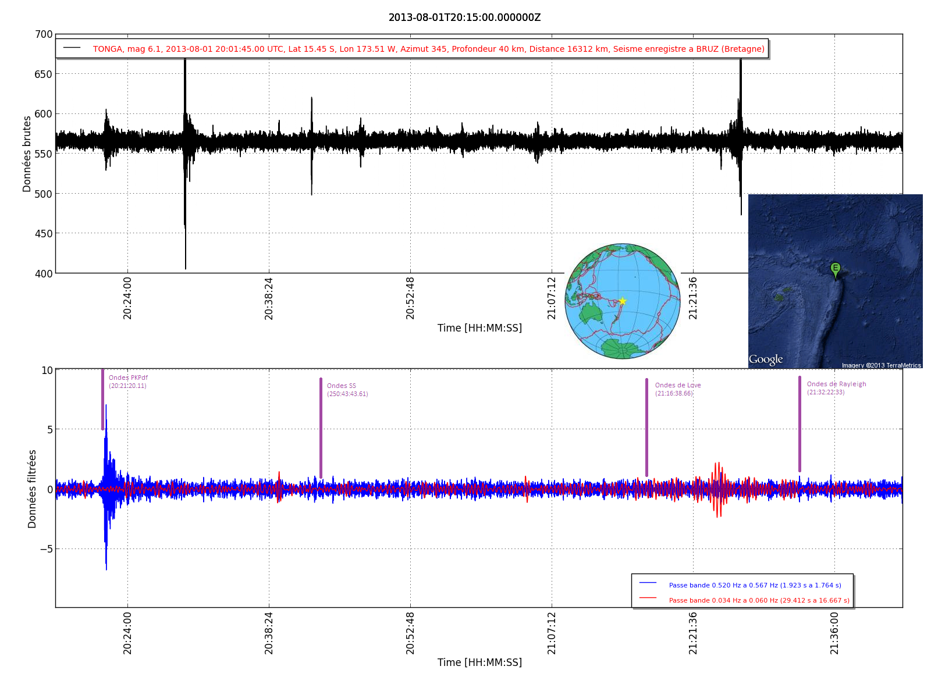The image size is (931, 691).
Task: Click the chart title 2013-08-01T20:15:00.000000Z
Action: [464, 17]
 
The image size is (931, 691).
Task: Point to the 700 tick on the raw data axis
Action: [44, 34]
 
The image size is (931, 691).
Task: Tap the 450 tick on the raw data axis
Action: [44, 234]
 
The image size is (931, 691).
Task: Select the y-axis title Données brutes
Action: [27, 154]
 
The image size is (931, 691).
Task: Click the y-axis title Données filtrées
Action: [32, 489]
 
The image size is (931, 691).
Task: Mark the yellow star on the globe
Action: [622, 301]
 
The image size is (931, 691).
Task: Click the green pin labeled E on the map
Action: [835, 269]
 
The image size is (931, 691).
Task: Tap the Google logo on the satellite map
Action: [766, 359]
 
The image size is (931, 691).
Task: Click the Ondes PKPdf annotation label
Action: [128, 377]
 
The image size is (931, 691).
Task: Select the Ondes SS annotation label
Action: [342, 386]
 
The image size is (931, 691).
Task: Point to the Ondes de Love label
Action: [678, 385]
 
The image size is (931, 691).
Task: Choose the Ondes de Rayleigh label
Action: [836, 384]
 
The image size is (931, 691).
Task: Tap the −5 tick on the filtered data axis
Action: [46, 549]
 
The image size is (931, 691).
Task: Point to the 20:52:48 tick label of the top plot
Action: [410, 298]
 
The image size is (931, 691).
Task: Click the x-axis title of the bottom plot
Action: [479, 662]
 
